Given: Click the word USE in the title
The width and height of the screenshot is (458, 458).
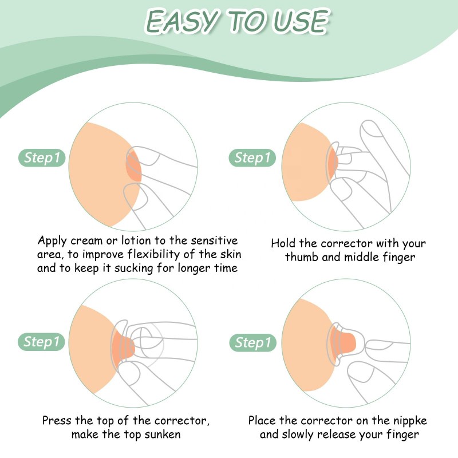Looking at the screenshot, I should [300, 22].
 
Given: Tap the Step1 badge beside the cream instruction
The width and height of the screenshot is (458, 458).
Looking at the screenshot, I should [44, 157].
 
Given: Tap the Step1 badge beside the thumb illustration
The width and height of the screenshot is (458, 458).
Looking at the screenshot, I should [252, 157].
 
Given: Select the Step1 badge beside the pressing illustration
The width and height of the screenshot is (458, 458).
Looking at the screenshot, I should [44, 342].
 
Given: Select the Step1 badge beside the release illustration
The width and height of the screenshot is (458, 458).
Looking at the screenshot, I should [252, 342].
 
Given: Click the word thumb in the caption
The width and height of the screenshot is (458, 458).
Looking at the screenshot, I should [301, 257].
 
